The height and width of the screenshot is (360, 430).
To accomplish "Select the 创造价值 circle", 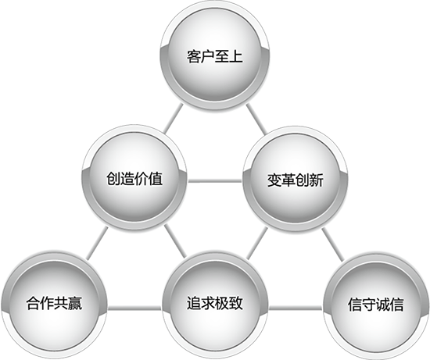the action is click(134, 178).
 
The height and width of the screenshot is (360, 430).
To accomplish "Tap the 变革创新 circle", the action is click(296, 180).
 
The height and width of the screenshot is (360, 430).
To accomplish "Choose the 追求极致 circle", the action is click(215, 305).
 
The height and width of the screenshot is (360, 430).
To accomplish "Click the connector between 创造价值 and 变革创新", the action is click(215, 181).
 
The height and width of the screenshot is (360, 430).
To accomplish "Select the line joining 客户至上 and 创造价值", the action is click(173, 119).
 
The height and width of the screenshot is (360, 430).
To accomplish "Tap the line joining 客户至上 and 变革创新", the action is click(256, 119).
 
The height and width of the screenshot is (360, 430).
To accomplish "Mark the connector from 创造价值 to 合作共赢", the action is click(96, 244).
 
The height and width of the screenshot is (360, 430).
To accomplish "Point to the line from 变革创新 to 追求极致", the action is click(257, 243).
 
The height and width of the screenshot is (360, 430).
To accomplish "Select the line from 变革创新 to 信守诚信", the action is click(332, 244).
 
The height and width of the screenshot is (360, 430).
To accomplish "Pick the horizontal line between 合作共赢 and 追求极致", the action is click(134, 308).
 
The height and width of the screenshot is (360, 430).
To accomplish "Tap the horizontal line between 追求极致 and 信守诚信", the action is click(296, 308).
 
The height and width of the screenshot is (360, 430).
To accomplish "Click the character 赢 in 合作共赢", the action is click(75, 304).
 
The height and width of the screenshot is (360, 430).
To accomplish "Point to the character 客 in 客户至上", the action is click(194, 56).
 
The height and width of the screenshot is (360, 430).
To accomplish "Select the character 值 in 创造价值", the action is click(156, 178).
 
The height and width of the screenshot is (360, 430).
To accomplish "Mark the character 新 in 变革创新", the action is click(316, 180).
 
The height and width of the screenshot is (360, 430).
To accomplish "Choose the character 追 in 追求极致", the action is click(194, 304).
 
